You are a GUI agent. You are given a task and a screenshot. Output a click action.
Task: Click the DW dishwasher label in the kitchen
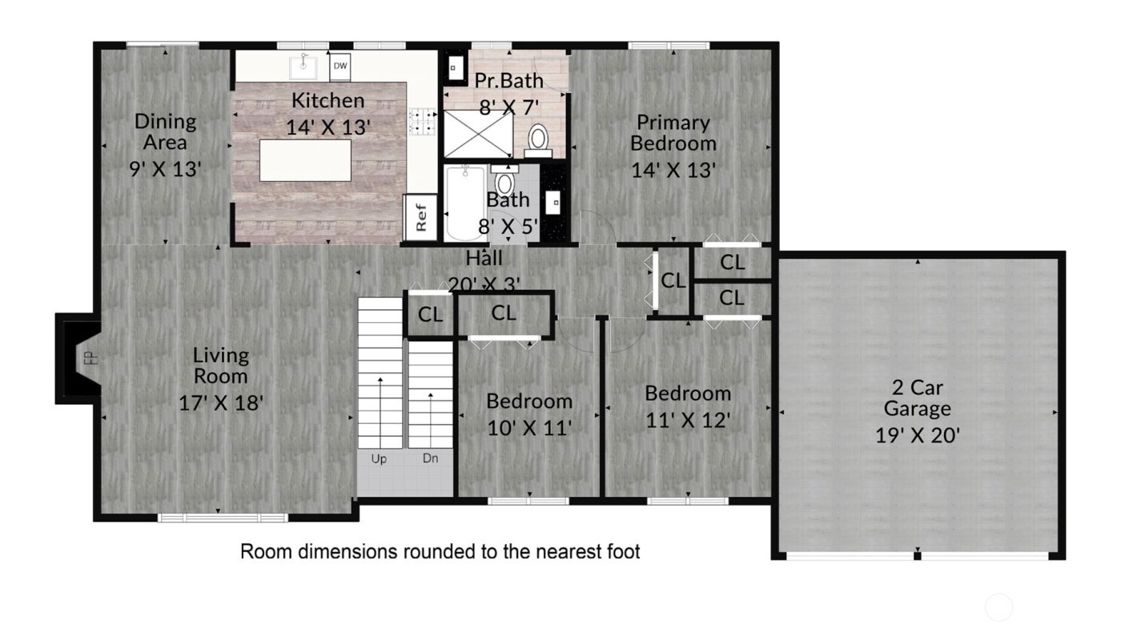tap(340, 67)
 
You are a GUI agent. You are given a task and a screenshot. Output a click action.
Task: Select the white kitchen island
tap(305, 160)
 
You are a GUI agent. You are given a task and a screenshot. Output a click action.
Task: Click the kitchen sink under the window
tap(303, 67)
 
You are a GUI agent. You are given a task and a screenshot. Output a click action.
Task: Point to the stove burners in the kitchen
tap(422, 121)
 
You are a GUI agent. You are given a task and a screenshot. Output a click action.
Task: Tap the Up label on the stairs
tap(379, 459)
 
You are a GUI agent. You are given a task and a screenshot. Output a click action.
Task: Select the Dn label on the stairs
tap(432, 459)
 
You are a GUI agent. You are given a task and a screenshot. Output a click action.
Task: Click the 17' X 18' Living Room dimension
tap(221, 401)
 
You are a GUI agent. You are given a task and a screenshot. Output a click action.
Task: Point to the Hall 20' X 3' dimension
tap(484, 284)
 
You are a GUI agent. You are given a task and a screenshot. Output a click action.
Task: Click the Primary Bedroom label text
tap(673, 133)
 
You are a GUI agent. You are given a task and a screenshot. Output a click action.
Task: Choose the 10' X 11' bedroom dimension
tap(529, 428)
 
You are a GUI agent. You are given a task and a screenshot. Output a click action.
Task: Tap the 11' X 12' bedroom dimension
tap(688, 420)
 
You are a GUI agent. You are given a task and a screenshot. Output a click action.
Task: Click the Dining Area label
tap(165, 132)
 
